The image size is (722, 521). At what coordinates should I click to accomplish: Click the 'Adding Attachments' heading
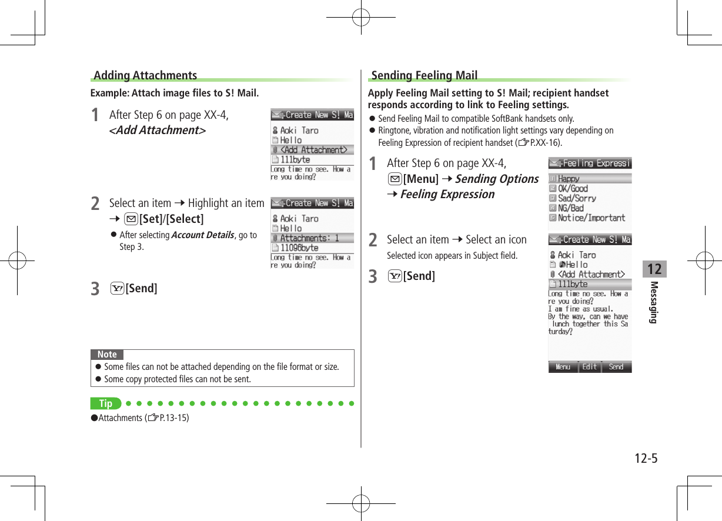pos(145,75)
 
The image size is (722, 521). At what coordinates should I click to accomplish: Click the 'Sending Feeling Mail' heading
pos(424,75)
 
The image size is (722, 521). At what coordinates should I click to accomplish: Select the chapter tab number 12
pos(654,269)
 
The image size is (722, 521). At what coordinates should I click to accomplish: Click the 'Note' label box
pos(107,355)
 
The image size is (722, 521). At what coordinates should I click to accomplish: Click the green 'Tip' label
pos(106,403)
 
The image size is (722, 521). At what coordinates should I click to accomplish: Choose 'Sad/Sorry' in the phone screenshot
pos(576,198)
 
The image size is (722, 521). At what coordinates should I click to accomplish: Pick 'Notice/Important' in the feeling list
pos(591,218)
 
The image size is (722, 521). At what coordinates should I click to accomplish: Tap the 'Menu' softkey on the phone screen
pos(563,367)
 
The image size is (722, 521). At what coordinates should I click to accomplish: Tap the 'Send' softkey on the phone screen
pos(616,367)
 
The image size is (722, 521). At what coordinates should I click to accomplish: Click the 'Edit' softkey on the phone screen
pos(589,367)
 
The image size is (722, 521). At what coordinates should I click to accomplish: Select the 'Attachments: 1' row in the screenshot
pos(309,238)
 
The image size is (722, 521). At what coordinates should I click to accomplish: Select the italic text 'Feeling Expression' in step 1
pos(447,194)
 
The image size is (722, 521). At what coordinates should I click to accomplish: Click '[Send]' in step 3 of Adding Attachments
pos(142,288)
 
